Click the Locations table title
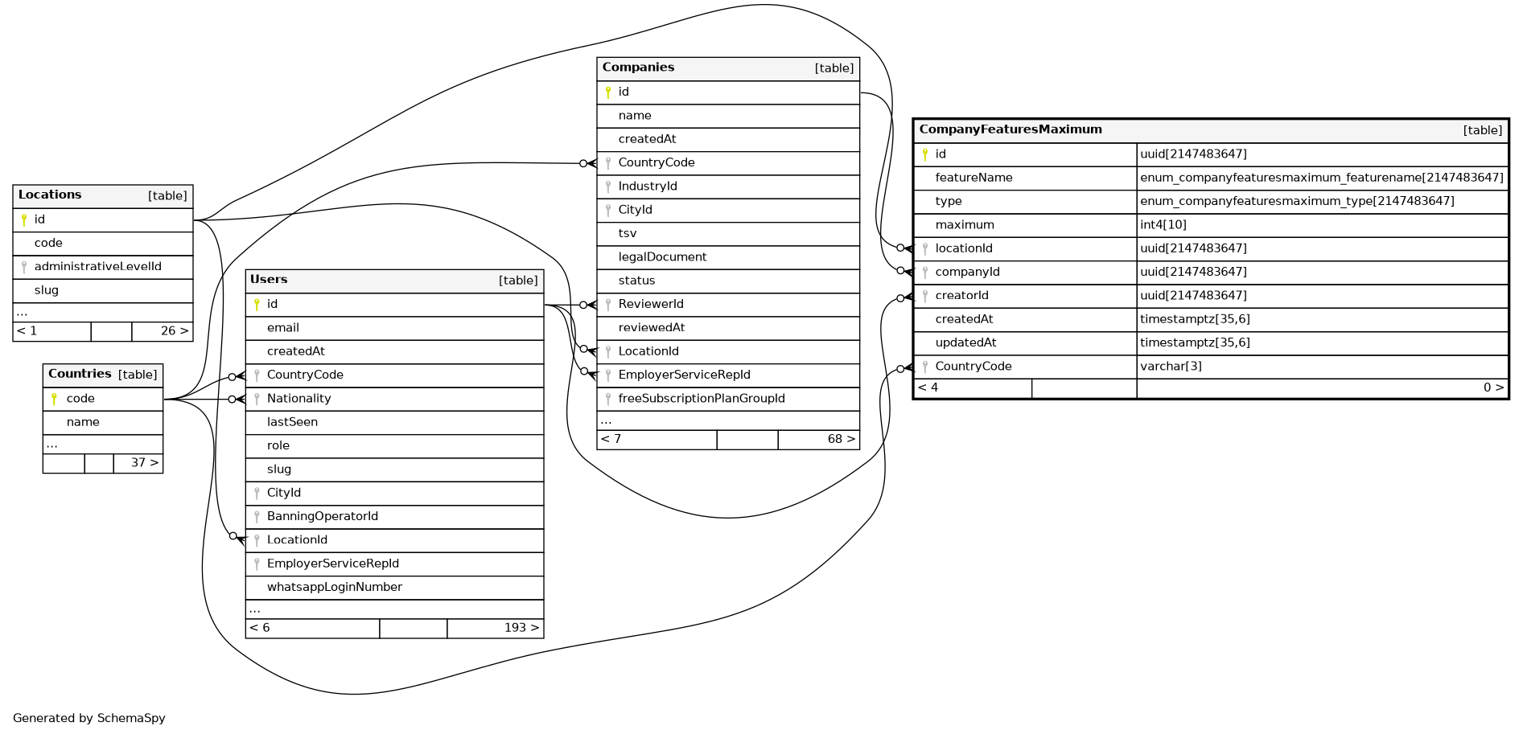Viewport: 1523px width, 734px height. pyautogui.click(x=50, y=195)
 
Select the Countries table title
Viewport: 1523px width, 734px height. pyautogui.click(x=80, y=374)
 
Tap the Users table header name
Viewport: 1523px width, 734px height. pyautogui.click(x=269, y=280)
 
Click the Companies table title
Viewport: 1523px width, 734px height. pyautogui.click(x=638, y=68)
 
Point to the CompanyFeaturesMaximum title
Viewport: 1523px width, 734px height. pyautogui.click(x=1011, y=129)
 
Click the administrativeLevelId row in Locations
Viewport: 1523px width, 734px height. pyautogui.click(x=97, y=266)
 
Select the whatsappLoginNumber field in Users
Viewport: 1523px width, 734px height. pyautogui.click(x=334, y=587)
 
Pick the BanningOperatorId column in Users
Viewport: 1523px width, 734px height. pyautogui.click(x=322, y=516)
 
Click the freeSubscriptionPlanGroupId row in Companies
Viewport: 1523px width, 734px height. pyautogui.click(x=701, y=398)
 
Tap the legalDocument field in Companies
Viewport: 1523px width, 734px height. pyautogui.click(x=662, y=257)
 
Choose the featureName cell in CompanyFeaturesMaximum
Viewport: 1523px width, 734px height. pyautogui.click(x=973, y=178)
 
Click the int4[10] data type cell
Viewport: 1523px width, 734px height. pyautogui.click(x=1163, y=225)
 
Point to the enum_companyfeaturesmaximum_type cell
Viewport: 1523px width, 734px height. pyautogui.click(x=1296, y=201)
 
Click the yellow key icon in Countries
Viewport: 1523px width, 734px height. pyautogui.click(x=54, y=399)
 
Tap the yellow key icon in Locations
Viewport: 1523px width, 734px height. pyautogui.click(x=24, y=219)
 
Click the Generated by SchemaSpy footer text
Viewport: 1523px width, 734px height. pyautogui.click(x=88, y=718)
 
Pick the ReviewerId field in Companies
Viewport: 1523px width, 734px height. pyautogui.click(x=650, y=304)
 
